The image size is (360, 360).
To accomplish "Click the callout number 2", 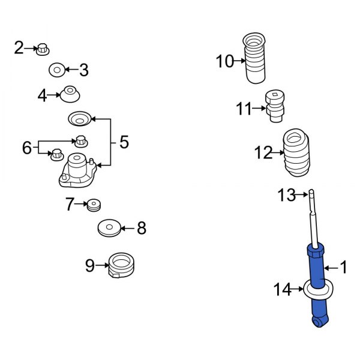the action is tap(19, 48).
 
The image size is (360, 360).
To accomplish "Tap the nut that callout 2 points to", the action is tap(43, 50).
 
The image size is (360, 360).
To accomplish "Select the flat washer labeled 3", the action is tap(57, 70).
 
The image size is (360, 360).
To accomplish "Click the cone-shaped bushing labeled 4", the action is tap(70, 94).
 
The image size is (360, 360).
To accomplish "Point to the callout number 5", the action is tap(124, 142).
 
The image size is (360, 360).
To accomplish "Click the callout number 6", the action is tap(26, 148).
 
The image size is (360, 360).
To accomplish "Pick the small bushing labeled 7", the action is tap(94, 205).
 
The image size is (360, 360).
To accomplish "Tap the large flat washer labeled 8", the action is tap(109, 228).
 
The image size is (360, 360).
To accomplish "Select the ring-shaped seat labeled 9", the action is tap(121, 265).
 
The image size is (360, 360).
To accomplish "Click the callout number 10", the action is tap(224, 61).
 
